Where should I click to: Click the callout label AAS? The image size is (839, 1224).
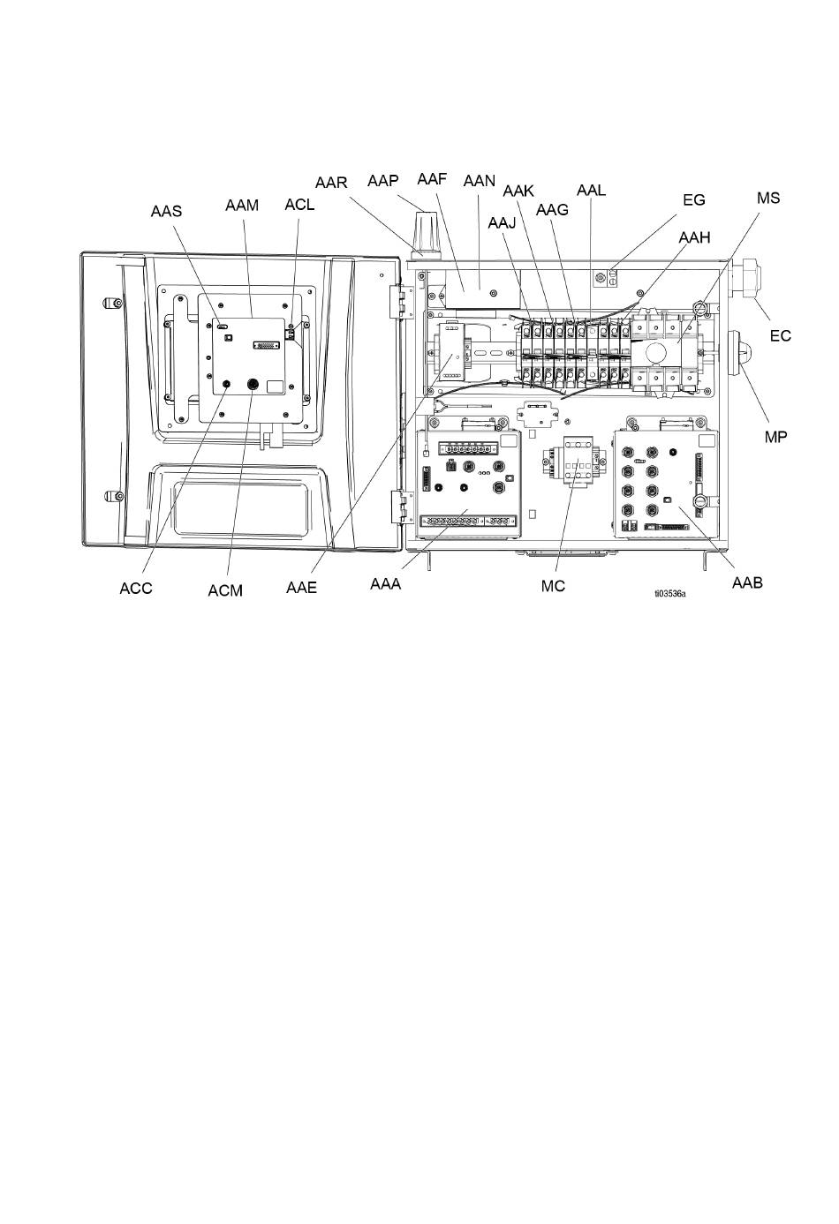(x=166, y=211)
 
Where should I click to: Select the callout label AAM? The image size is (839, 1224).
(x=242, y=206)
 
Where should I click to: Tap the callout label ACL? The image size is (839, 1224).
(x=299, y=205)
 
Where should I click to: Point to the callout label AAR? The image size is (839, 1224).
(x=331, y=183)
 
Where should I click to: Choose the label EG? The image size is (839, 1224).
(x=694, y=200)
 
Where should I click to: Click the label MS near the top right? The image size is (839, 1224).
(x=768, y=198)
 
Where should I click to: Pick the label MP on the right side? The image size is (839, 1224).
(x=775, y=437)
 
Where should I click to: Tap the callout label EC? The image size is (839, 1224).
(x=781, y=335)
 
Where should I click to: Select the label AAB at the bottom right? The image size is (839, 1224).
(x=747, y=583)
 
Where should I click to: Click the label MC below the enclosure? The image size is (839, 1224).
(x=553, y=586)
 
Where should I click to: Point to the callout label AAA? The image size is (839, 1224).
(x=386, y=584)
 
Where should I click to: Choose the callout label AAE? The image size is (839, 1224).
(x=301, y=588)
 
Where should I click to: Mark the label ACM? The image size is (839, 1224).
(x=225, y=590)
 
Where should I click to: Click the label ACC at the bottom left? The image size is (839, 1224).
(x=136, y=589)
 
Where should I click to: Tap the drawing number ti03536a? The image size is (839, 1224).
(x=670, y=594)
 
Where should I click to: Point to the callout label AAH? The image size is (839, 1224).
(x=694, y=237)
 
